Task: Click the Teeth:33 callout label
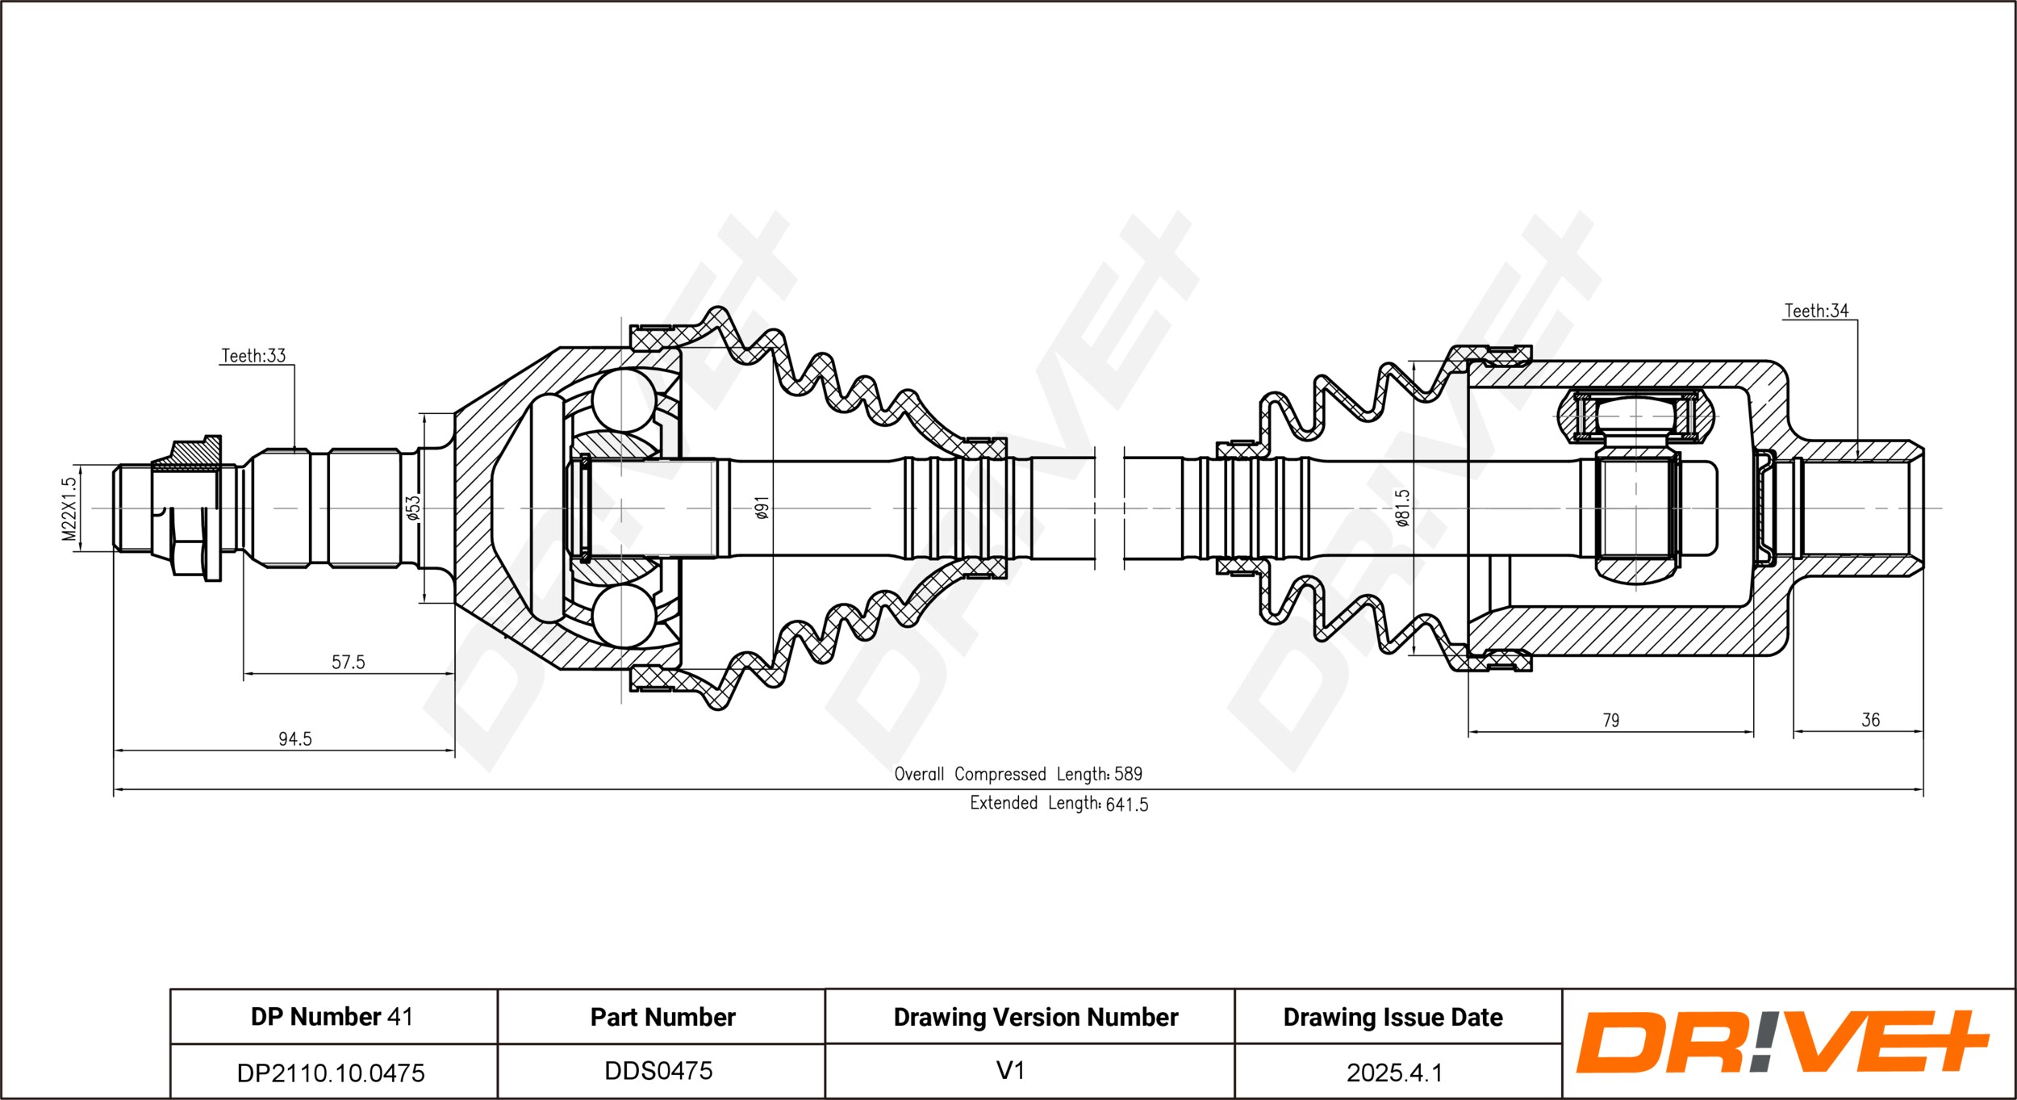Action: coord(253,355)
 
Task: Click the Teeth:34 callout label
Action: coord(1816,311)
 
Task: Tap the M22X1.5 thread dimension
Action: coord(69,508)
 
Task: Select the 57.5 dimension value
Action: coord(349,662)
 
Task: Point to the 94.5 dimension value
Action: coord(295,738)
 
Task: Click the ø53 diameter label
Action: coord(413,508)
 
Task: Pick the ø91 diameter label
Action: coord(762,508)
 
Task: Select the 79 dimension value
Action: coord(1610,720)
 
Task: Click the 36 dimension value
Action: coord(1870,720)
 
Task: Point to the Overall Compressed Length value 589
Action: coord(1128,774)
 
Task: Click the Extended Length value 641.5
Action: coord(1127,805)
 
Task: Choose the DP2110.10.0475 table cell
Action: coord(331,1073)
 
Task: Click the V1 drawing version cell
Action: coord(1010,1071)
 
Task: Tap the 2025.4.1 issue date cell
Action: coord(1394,1073)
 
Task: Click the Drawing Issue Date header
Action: coord(1393,1017)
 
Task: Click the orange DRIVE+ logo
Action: coord(1783,1042)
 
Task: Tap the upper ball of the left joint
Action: coord(624,399)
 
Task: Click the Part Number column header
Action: coord(663,1017)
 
